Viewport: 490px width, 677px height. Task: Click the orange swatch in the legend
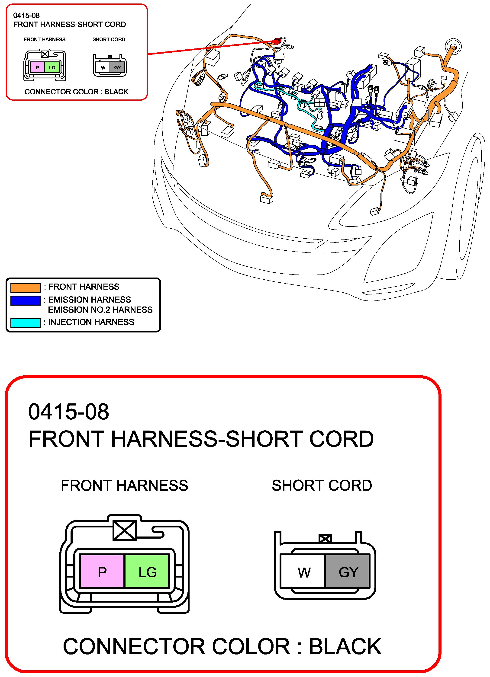click(26, 287)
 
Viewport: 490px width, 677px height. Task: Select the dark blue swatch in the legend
click(26, 300)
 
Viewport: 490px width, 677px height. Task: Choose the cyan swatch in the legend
click(26, 323)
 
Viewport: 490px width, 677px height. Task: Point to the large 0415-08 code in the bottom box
click(69, 412)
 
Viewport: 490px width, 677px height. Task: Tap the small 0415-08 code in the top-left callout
click(26, 16)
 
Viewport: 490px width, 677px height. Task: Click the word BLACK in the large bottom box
click(345, 646)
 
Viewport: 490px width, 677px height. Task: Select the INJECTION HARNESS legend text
click(91, 322)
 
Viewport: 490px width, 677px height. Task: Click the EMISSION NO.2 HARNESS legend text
click(100, 310)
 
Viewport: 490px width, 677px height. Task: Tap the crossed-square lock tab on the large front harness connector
click(125, 530)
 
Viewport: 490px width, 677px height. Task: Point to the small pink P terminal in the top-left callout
click(37, 68)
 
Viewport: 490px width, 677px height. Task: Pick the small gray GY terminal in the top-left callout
click(117, 68)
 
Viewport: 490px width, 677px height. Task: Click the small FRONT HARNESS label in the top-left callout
click(45, 39)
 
